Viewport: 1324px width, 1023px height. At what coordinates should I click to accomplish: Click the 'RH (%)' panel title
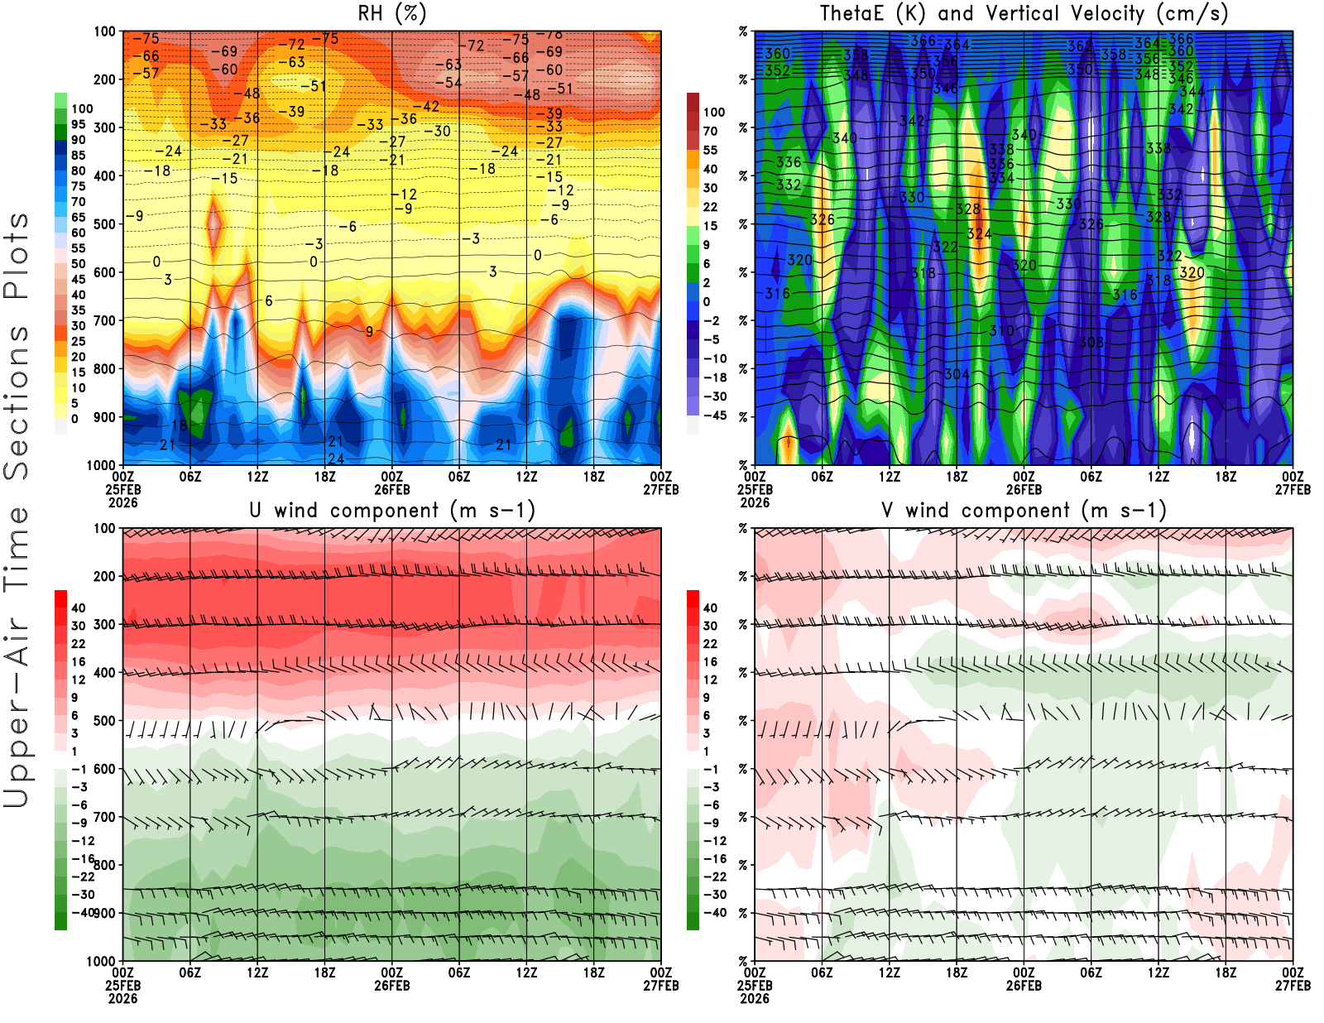391,13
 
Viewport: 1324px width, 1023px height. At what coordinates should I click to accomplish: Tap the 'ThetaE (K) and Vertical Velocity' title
1024,13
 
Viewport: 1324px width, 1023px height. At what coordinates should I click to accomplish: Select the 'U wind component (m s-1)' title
391,510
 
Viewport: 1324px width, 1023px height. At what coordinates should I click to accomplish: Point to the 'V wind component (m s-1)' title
1024,510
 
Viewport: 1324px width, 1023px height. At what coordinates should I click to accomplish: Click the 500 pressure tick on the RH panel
105,224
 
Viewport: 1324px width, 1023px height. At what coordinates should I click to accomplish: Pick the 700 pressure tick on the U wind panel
105,817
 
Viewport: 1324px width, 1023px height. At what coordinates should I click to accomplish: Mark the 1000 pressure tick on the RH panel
102,465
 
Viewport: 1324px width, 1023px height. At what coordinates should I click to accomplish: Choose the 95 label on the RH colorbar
78,124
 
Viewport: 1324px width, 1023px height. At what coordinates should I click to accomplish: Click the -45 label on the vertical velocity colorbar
714,415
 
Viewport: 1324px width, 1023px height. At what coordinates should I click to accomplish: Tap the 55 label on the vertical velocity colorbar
710,150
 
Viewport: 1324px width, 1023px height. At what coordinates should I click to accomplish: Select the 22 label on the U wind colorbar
78,644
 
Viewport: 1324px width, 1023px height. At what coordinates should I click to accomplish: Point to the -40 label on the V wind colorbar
714,913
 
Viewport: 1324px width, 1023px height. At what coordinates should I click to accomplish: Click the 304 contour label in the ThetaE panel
957,374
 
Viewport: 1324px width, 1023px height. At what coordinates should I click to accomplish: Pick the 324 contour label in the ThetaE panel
979,234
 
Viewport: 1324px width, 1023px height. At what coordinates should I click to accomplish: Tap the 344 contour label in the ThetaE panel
1192,91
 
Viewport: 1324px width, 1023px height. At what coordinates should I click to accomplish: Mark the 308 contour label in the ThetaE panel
1091,342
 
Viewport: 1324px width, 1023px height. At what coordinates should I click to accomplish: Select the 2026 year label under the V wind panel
755,998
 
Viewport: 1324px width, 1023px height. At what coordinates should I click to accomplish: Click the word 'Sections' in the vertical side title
17,401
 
